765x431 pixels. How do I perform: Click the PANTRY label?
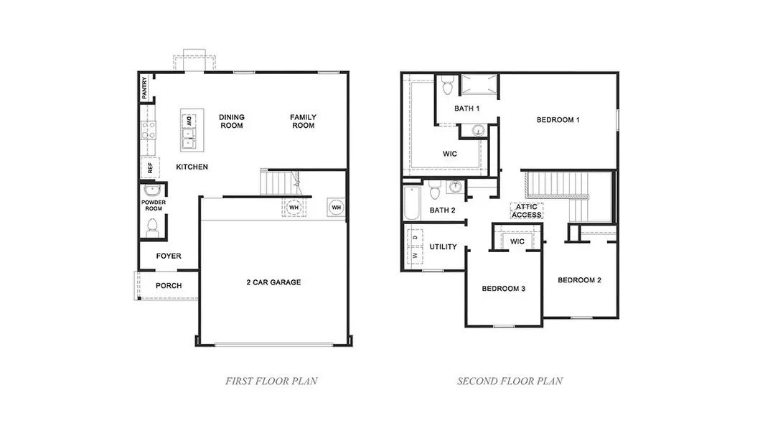pos(145,88)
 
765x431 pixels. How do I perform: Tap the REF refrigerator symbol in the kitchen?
pos(149,169)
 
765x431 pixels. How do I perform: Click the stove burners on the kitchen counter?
pos(149,129)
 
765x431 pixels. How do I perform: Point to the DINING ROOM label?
pos(232,121)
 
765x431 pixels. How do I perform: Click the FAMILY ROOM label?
pos(303,121)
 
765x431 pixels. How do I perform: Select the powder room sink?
pos(152,191)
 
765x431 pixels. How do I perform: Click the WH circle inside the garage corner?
pos(336,208)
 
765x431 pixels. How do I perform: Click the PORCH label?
pos(169,286)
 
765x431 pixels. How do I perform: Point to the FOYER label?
pos(169,256)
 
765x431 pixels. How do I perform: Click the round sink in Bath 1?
pos(479,130)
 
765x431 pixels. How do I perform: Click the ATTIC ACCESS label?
pos(527,210)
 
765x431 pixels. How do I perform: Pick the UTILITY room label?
pos(443,247)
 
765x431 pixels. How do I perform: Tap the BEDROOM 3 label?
pos(504,289)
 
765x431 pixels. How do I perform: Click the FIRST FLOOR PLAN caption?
pos(271,381)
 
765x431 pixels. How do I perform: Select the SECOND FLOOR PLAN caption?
pos(510,381)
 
